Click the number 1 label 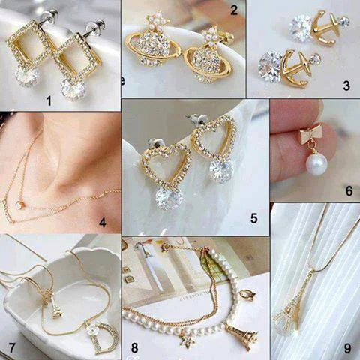click(x=49, y=100)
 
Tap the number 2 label click(x=234, y=10)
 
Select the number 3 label click(x=346, y=85)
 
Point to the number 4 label click(x=103, y=222)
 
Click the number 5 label click(x=254, y=218)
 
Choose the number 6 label click(x=349, y=191)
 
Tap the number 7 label click(x=12, y=347)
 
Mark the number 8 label click(x=134, y=347)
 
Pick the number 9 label click(x=347, y=348)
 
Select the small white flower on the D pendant click(x=91, y=327)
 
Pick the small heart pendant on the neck click(x=19, y=205)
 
